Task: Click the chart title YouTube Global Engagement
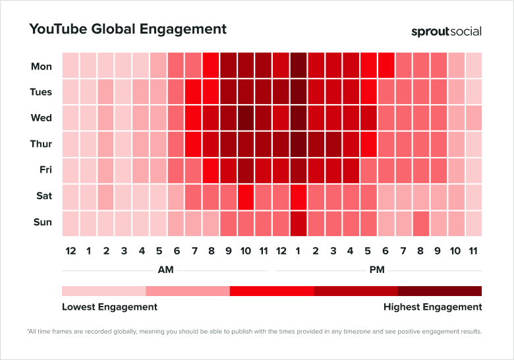[x=127, y=29]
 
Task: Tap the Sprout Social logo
[x=446, y=31]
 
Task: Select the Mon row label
[x=42, y=66]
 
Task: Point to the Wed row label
[x=42, y=118]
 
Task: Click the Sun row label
[x=43, y=222]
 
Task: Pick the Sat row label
[x=43, y=196]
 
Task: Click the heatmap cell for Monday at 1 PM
[x=298, y=66]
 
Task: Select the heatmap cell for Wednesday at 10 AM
[x=245, y=118]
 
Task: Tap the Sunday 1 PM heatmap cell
[x=298, y=222]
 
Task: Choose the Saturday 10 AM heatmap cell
[x=245, y=196]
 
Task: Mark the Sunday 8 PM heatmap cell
[x=421, y=222]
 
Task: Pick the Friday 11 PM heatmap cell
[x=473, y=170]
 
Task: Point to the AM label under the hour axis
[x=165, y=270]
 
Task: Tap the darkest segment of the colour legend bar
[x=440, y=291]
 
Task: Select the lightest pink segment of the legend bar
[x=103, y=291]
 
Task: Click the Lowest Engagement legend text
[x=109, y=307]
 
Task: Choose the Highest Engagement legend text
[x=432, y=307]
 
